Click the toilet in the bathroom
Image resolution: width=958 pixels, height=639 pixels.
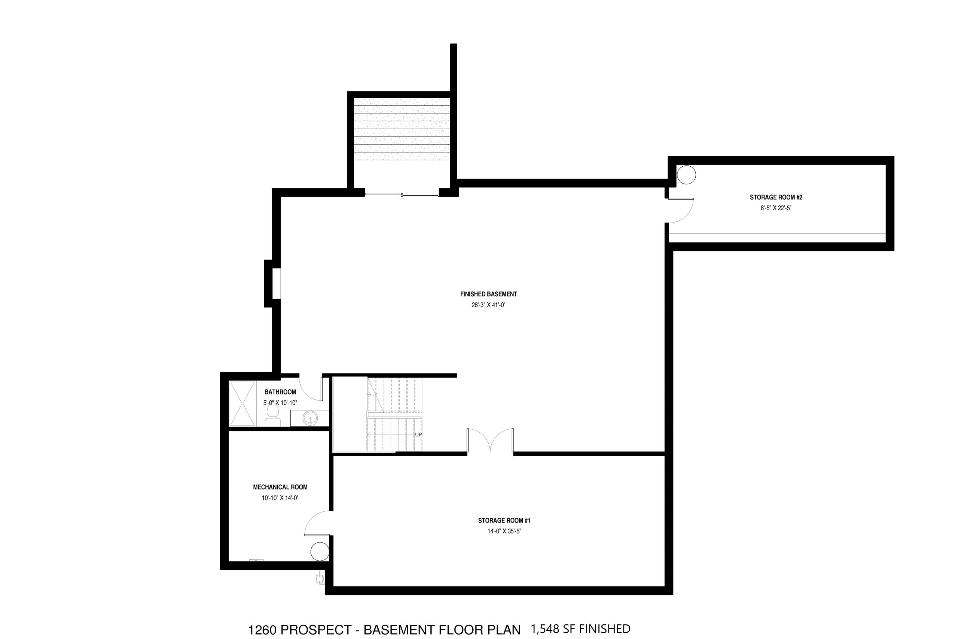coord(272,416)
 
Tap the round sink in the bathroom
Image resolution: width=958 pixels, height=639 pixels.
coord(310,418)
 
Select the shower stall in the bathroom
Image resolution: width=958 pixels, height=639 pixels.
coord(242,404)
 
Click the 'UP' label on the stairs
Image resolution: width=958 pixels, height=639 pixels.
coord(418,435)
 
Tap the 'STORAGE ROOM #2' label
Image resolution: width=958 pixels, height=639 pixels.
coord(776,197)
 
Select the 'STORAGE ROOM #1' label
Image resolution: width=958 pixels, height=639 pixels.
coord(504,520)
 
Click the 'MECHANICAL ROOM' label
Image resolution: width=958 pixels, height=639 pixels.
coord(280,487)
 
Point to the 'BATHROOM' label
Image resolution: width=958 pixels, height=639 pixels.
coord(280,392)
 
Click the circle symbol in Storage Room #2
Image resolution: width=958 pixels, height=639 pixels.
coord(686,175)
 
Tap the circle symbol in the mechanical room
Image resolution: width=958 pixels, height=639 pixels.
coord(320,552)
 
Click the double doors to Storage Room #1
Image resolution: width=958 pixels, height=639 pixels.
coord(490,440)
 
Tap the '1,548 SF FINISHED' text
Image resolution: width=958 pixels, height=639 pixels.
coord(580,629)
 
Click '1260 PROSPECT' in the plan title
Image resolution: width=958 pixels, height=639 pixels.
coord(300,630)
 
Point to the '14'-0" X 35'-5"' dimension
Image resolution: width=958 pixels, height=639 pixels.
coord(504,532)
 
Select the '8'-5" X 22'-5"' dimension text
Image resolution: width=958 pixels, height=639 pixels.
coord(776,208)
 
